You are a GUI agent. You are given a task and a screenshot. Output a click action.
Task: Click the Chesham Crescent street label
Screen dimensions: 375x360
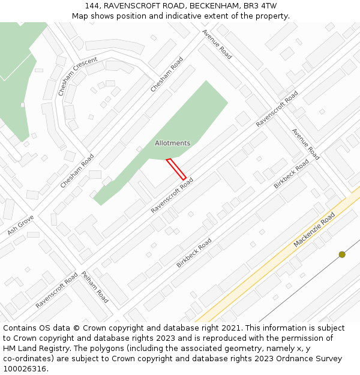(x=77, y=77)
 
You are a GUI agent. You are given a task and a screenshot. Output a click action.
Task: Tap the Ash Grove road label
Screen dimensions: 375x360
(x=20, y=224)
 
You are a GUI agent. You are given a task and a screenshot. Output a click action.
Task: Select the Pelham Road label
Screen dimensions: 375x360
(x=94, y=287)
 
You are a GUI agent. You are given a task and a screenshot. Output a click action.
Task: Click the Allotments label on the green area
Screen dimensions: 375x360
(x=172, y=143)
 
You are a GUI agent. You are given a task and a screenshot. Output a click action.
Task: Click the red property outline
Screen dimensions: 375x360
(x=176, y=169)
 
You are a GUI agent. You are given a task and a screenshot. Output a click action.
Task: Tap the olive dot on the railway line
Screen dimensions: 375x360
(x=342, y=254)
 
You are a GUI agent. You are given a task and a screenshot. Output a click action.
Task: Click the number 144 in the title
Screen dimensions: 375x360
(x=92, y=6)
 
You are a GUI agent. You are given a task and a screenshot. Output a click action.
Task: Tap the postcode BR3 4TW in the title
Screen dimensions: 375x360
(x=261, y=6)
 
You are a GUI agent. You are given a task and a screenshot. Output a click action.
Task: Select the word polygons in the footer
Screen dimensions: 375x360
(x=115, y=349)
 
